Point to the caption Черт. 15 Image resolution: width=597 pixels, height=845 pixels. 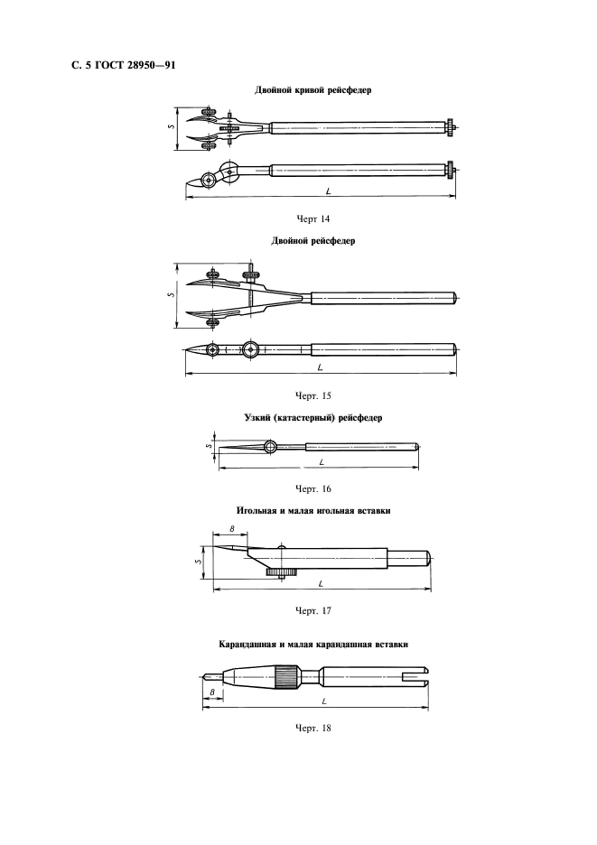313,395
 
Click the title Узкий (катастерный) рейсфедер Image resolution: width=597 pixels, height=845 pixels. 313,419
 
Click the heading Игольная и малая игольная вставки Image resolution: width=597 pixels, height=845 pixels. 312,512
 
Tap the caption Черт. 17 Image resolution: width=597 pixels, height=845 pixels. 313,611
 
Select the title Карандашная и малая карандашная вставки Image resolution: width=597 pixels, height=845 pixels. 312,645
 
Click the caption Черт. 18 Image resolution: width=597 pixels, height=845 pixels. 313,729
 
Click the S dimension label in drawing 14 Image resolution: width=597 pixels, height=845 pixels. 172,127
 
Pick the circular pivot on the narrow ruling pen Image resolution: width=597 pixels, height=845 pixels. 272,447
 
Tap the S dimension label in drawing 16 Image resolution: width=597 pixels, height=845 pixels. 209,444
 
